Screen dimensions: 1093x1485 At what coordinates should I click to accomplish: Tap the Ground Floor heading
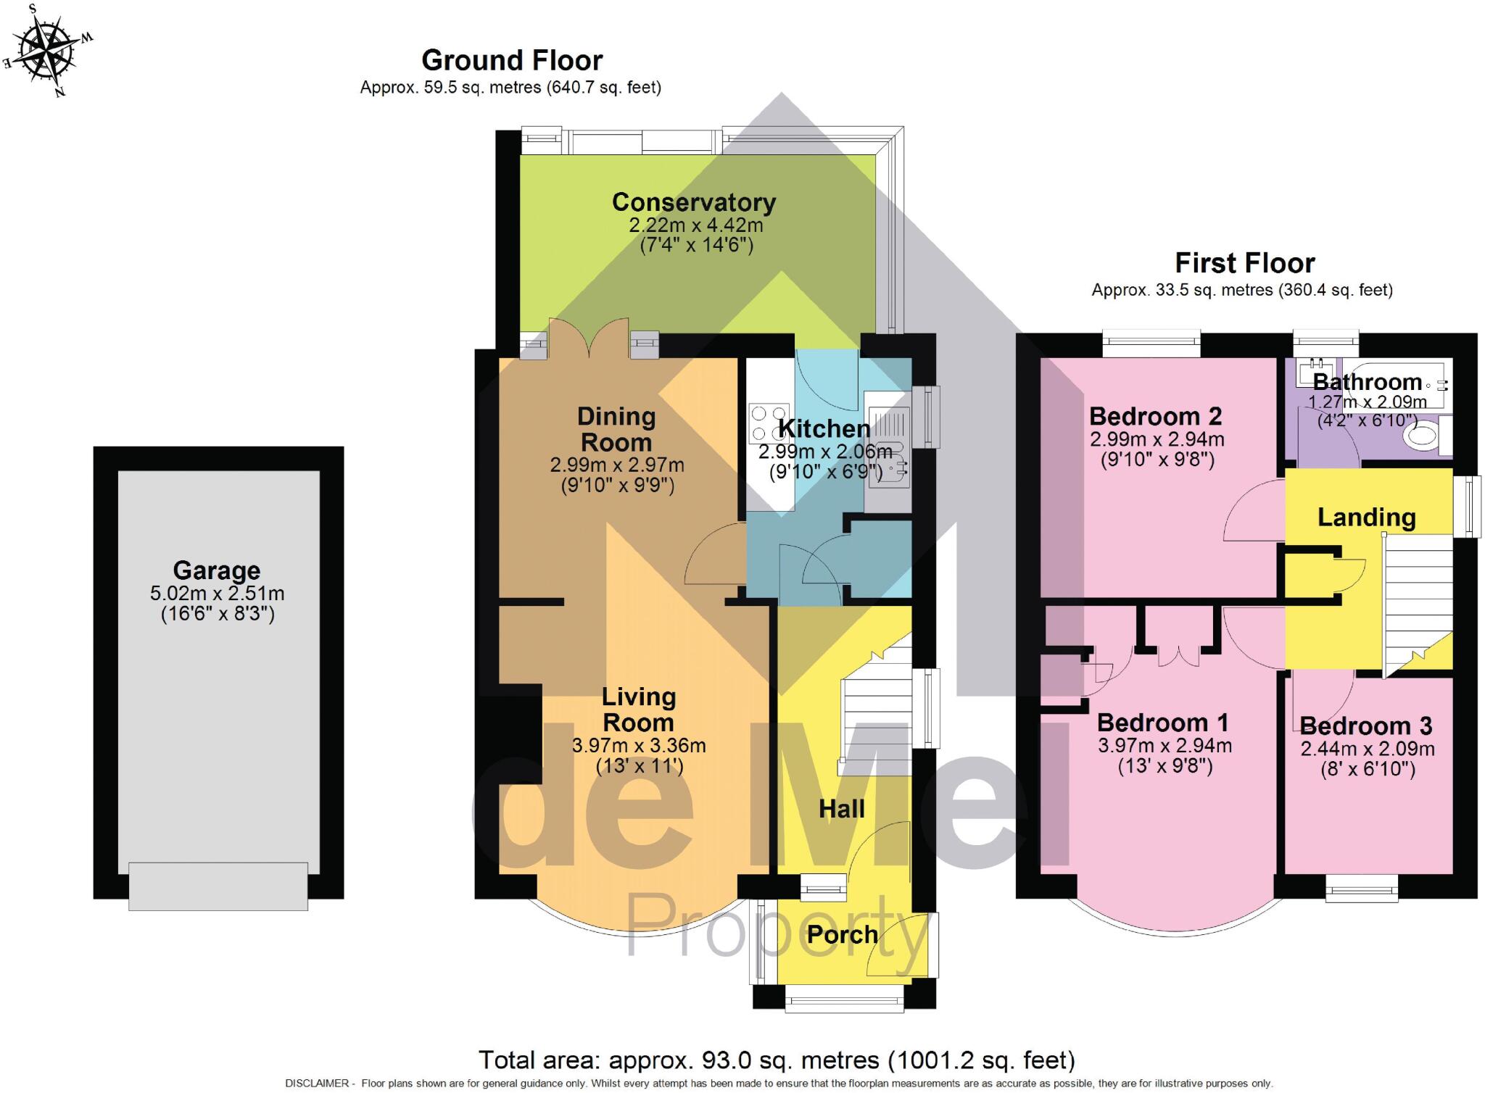click(x=512, y=60)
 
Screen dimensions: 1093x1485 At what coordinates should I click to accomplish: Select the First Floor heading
click(x=1244, y=262)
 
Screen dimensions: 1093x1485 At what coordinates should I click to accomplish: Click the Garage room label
click(x=216, y=570)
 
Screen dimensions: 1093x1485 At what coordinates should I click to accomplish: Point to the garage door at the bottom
click(x=218, y=886)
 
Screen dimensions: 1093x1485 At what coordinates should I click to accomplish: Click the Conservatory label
click(x=693, y=202)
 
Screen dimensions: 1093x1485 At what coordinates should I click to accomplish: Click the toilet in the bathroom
click(x=1422, y=436)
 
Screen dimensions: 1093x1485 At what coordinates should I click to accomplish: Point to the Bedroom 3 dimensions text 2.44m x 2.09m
click(x=1367, y=749)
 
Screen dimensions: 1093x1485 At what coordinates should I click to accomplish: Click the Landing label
click(x=1366, y=518)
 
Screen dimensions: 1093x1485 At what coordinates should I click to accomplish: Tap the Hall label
click(x=841, y=809)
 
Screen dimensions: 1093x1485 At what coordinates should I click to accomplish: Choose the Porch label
click(x=842, y=935)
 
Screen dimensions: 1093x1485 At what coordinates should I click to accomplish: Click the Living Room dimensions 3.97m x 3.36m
click(x=639, y=745)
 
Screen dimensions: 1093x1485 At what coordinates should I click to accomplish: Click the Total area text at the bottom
click(x=776, y=1060)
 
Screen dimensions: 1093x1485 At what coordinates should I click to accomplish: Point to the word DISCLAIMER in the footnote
click(x=318, y=1084)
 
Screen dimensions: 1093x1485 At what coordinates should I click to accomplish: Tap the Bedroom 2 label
click(x=1155, y=417)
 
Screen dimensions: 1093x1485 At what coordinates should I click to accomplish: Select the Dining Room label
click(x=616, y=429)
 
